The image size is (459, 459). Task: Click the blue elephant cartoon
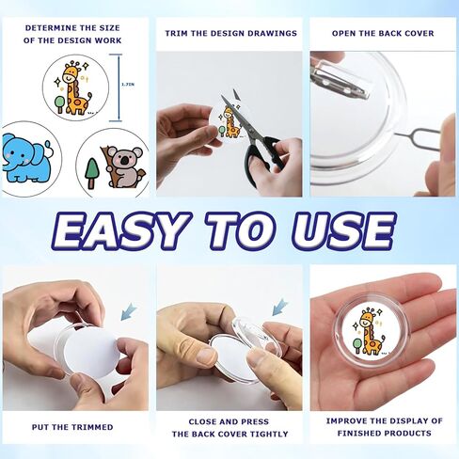click(26, 158)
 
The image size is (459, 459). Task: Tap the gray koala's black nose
click(125, 161)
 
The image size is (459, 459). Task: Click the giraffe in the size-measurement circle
click(75, 87)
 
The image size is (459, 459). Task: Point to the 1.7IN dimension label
click(128, 85)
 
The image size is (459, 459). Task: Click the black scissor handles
click(262, 160)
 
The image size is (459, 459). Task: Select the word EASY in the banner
click(120, 229)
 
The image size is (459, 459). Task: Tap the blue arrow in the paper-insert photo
click(129, 311)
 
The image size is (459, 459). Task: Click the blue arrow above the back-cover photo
click(279, 307)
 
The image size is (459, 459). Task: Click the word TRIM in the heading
click(177, 33)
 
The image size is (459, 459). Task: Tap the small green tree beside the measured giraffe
click(59, 104)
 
